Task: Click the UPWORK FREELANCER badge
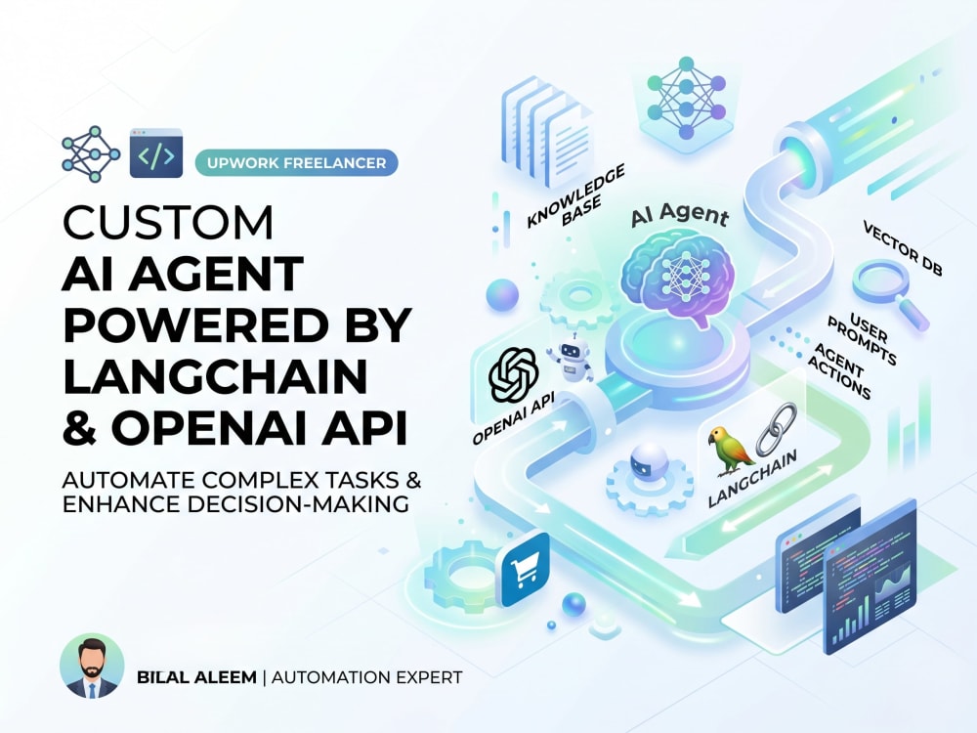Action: pyautogui.click(x=297, y=162)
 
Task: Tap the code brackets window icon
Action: pyautogui.click(x=155, y=152)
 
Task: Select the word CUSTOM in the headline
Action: pyautogui.click(x=168, y=222)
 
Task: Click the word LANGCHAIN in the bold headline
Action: pyautogui.click(x=215, y=376)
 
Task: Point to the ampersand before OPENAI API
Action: pyautogui.click(x=80, y=427)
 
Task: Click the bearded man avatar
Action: pyautogui.click(x=92, y=665)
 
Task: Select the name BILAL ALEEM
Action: pyautogui.click(x=196, y=677)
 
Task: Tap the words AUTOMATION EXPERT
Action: pyautogui.click(x=367, y=677)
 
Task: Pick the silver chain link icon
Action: pyautogui.click(x=777, y=428)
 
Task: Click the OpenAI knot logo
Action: pyautogui.click(x=513, y=374)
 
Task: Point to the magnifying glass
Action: pyautogui.click(x=890, y=294)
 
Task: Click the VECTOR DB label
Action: pyautogui.click(x=902, y=248)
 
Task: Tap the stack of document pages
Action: pyautogui.click(x=547, y=132)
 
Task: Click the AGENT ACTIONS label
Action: pyautogui.click(x=840, y=370)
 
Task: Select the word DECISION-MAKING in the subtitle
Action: pyautogui.click(x=299, y=503)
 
